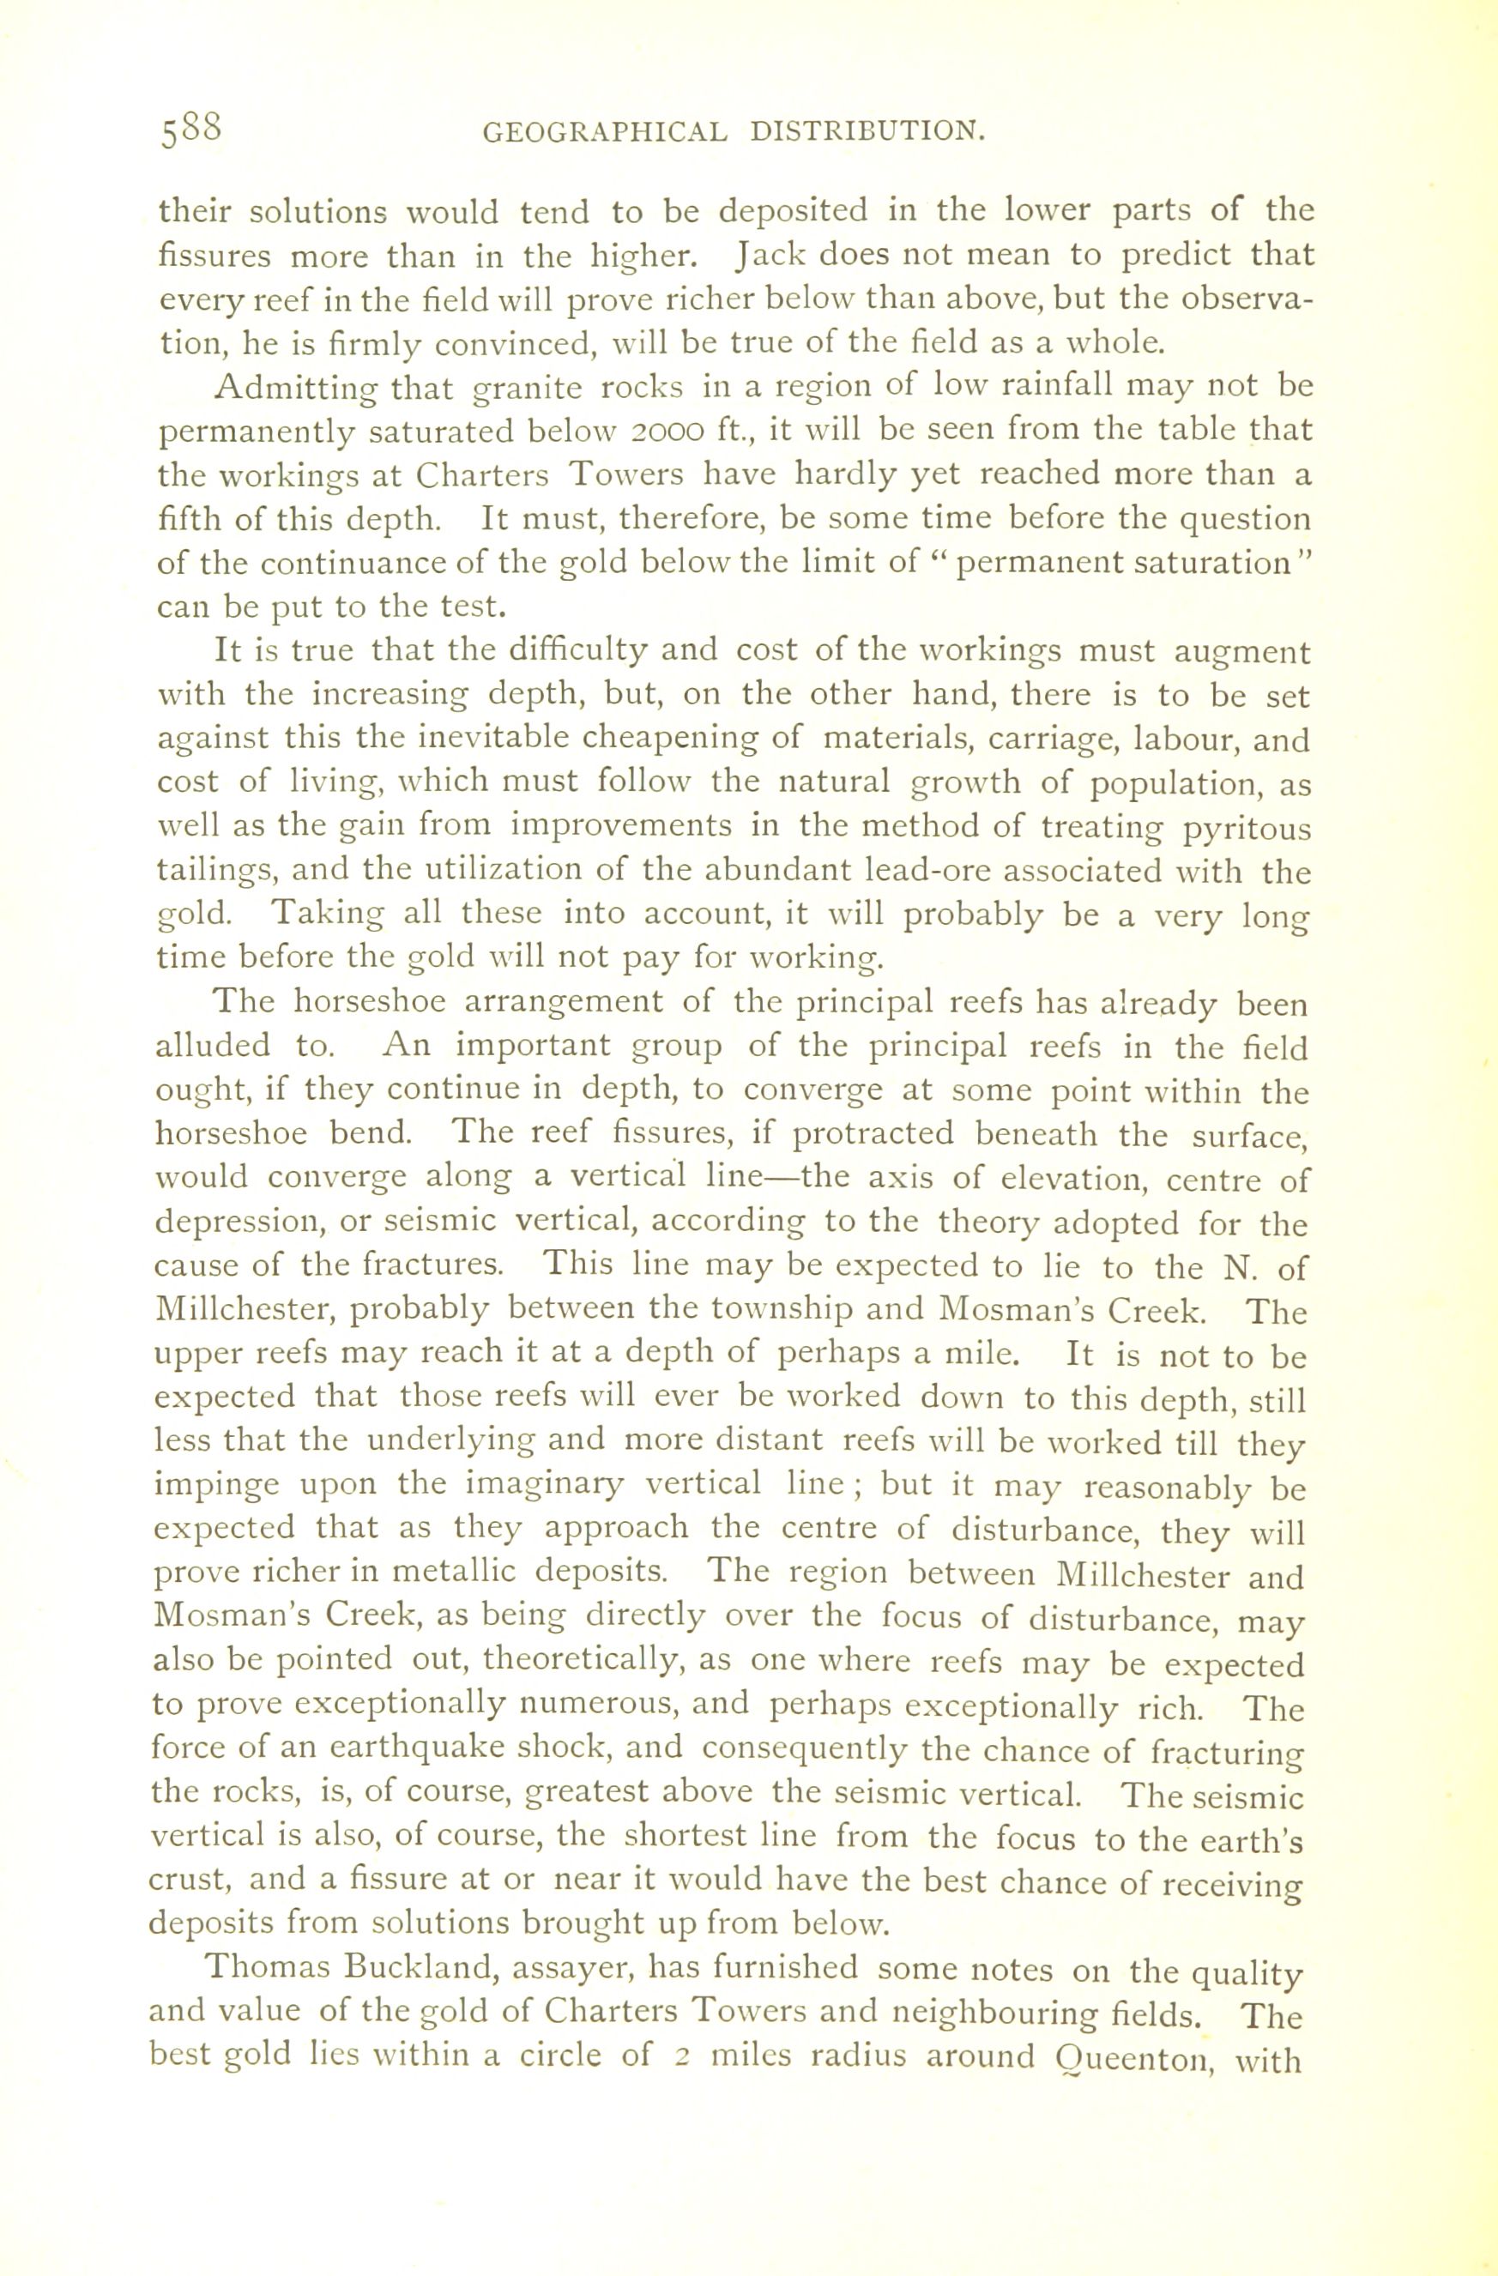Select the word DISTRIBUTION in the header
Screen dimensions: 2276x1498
pyautogui.click(x=867, y=131)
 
